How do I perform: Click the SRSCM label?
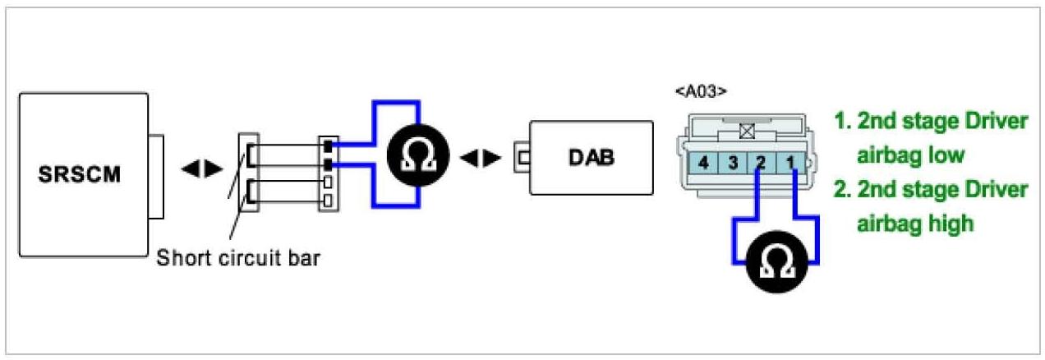click(x=79, y=176)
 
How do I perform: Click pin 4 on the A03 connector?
click(x=703, y=163)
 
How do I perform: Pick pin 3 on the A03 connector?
click(x=731, y=163)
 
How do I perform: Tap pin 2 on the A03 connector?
click(x=760, y=163)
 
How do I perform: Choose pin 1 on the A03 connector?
click(x=790, y=163)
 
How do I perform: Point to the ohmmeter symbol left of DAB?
click(x=418, y=156)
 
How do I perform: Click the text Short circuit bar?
click(x=237, y=257)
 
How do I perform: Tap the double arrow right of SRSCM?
click(x=201, y=168)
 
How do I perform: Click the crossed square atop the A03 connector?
click(x=747, y=130)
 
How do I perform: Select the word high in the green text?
click(x=951, y=223)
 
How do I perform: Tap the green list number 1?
click(x=840, y=122)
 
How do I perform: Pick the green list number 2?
click(x=840, y=190)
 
